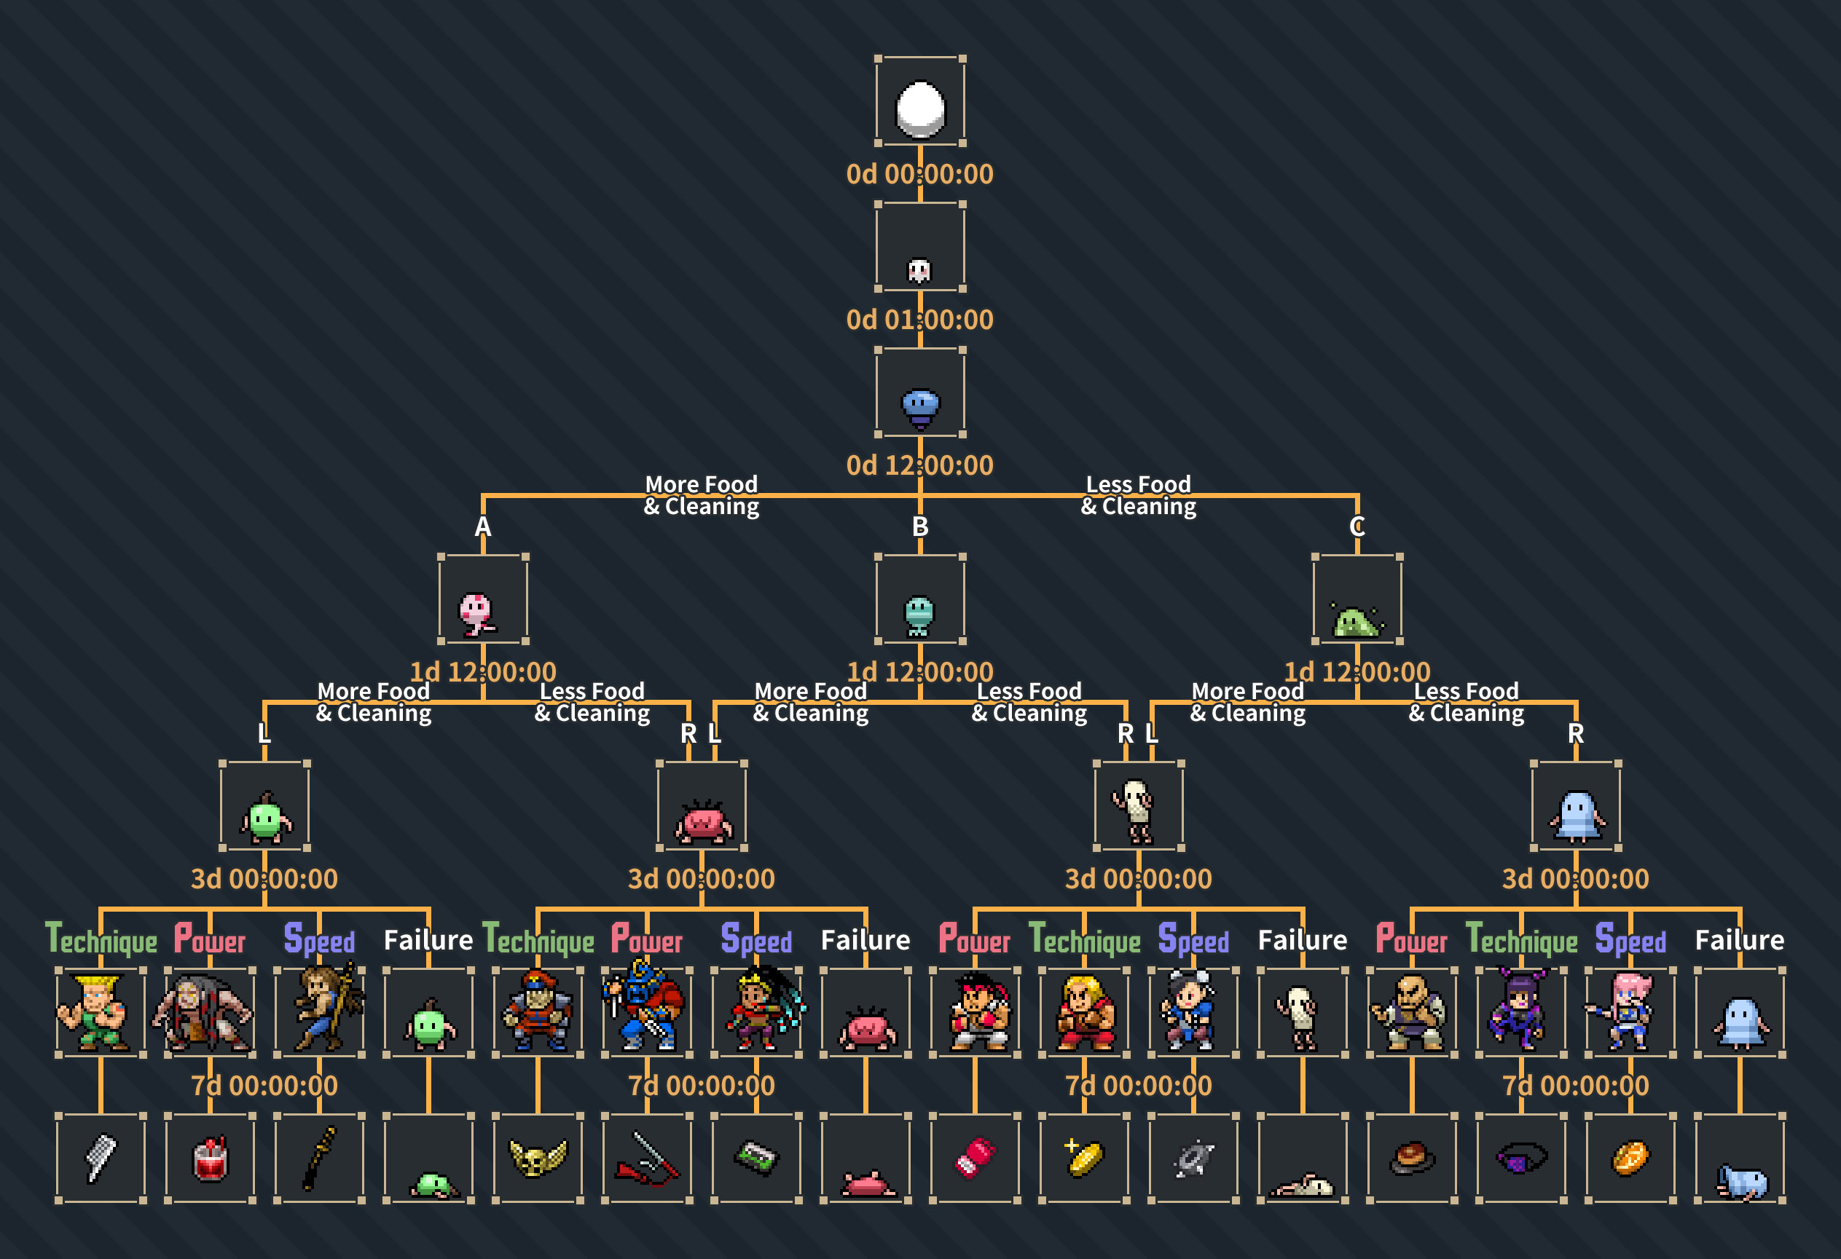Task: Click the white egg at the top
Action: click(919, 108)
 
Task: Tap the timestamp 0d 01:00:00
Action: click(919, 320)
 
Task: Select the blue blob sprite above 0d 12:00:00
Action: click(919, 407)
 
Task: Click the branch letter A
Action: click(482, 526)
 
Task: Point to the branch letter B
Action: click(919, 526)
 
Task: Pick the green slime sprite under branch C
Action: click(1357, 621)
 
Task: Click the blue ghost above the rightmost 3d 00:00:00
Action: click(1577, 817)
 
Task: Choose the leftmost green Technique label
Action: click(101, 940)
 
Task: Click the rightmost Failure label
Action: click(1739, 940)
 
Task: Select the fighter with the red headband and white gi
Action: click(979, 1012)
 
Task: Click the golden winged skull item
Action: click(538, 1158)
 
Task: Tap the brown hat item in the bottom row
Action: click(1413, 1157)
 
